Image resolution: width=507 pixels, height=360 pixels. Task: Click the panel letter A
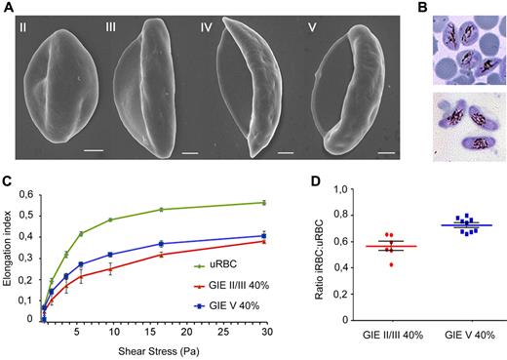[x=7, y=7]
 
